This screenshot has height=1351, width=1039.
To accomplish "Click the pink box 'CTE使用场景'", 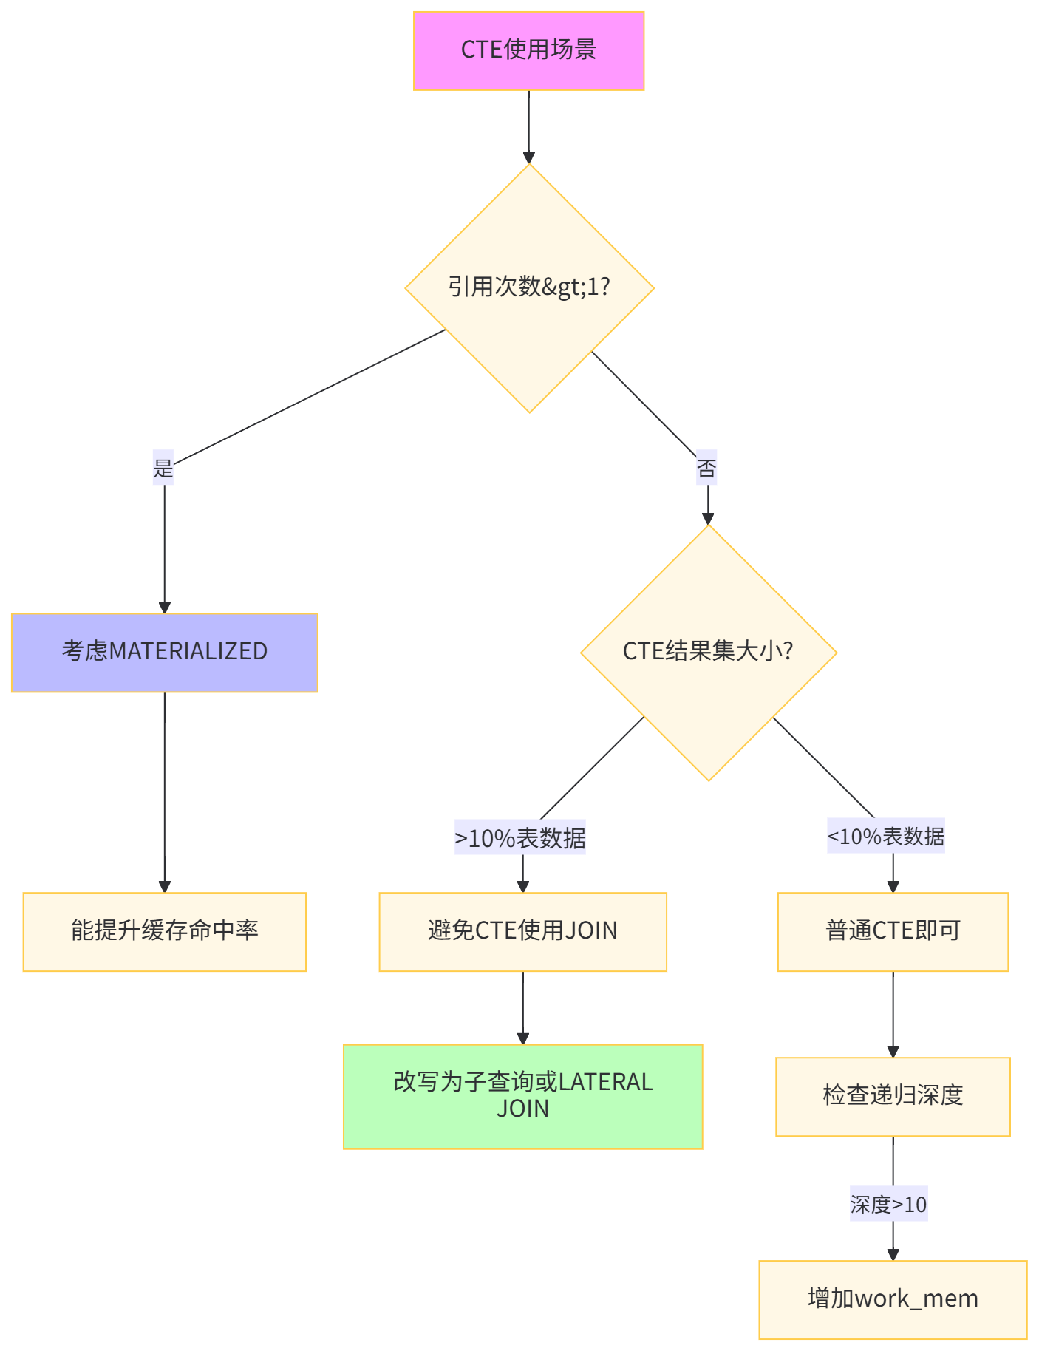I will (528, 50).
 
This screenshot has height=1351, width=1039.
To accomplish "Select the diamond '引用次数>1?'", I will (529, 287).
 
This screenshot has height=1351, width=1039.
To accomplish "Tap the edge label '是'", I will (163, 468).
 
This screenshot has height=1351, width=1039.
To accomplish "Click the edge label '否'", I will (706, 468).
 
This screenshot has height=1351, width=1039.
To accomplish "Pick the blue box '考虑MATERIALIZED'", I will (164, 652).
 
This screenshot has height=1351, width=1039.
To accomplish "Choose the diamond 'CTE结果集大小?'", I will (708, 652).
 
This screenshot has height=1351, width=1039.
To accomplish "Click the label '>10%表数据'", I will (520, 837).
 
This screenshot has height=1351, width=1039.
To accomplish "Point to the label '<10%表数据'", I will (885, 837).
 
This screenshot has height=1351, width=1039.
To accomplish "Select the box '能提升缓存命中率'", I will (164, 931).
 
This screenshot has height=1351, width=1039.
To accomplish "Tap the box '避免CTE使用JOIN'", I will (522, 931).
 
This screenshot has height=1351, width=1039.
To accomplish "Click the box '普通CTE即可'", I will (893, 931).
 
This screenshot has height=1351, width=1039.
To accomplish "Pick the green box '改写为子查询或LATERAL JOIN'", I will (522, 1096).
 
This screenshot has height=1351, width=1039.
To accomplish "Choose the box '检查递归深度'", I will (893, 1096).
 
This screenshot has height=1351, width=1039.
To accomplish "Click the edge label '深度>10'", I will (888, 1204).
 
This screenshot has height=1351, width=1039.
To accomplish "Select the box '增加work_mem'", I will (893, 1299).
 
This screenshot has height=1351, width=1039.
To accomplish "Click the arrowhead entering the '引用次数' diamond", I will (529, 157).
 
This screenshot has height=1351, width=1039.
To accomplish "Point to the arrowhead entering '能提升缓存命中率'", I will (164, 887).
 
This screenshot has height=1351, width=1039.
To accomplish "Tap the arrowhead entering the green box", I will (522, 1038).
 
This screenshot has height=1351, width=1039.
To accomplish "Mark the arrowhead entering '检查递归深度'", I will (893, 1052).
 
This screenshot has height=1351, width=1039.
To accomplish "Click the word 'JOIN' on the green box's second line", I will (522, 1109).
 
